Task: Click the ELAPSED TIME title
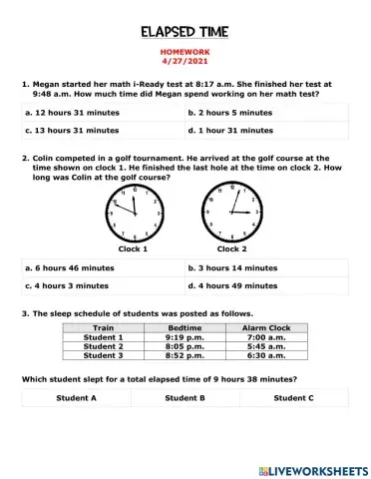185,32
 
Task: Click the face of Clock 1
133,213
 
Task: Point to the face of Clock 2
232,213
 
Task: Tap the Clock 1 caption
133,248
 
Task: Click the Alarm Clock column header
266,327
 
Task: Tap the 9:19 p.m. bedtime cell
185,336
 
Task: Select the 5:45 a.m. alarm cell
266,345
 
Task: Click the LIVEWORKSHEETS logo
312,469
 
